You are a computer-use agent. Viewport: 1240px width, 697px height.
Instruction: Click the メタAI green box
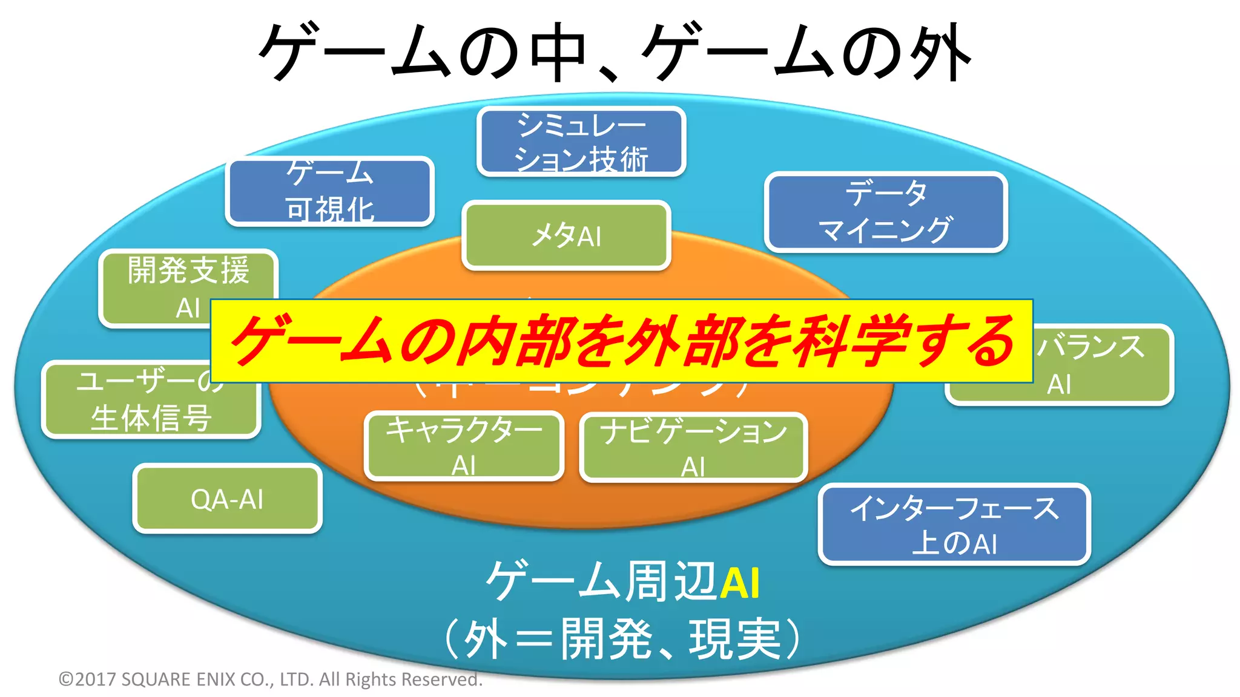point(566,235)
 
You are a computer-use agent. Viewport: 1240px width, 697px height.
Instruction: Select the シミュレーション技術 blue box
point(581,142)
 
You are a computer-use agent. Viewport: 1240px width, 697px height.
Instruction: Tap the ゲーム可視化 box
point(330,191)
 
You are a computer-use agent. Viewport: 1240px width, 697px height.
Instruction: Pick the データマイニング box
point(885,212)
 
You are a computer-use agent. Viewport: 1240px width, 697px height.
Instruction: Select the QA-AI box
point(227,499)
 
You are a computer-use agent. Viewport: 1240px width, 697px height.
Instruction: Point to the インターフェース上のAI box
point(954,525)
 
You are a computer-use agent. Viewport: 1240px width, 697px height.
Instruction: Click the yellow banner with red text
point(621,341)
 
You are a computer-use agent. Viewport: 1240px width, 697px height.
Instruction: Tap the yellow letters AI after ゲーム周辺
point(739,583)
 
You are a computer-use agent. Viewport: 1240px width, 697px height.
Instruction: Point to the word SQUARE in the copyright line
point(156,679)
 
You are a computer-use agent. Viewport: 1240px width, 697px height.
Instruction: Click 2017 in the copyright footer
point(96,679)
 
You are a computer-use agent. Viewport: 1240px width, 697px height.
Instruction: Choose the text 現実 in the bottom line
point(734,639)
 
